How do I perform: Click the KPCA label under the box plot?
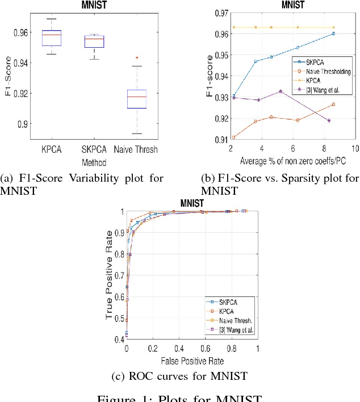point(51,149)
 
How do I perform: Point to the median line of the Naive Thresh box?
point(136,97)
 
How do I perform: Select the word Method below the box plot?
point(87,161)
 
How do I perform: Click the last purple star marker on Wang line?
point(329,120)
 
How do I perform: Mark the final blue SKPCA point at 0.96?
point(333,33)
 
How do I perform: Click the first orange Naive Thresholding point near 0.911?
point(217,137)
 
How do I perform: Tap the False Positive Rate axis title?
point(192,360)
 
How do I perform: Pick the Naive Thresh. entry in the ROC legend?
point(234,321)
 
